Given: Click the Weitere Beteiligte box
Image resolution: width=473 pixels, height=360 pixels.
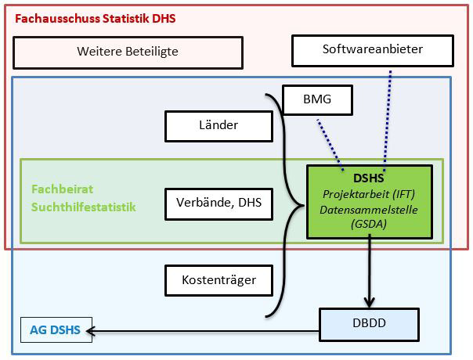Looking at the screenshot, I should click(128, 52).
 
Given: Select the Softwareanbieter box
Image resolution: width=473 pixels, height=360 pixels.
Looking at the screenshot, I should click(372, 49).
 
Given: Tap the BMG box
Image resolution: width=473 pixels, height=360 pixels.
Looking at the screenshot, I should click(316, 100).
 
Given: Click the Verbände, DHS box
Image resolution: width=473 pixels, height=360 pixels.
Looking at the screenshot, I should click(218, 205).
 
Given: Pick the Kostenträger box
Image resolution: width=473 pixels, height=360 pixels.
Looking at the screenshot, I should click(218, 279).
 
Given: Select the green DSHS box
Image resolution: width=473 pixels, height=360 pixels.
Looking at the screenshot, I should click(367, 201).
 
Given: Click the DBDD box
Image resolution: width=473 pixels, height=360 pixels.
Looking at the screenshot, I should click(369, 322).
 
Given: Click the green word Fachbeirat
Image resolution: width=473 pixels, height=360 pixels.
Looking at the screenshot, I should click(56, 189).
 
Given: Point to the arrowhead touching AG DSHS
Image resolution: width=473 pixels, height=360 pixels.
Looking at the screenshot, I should click(98, 330).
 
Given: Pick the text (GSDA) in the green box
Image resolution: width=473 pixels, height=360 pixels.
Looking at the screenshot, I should click(367, 225).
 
